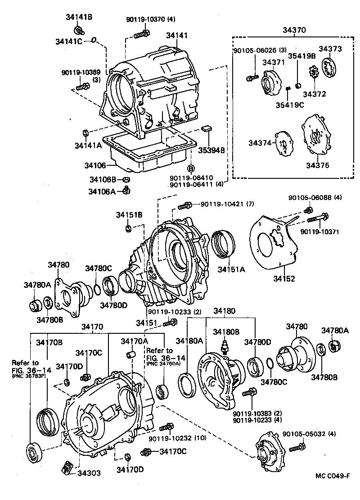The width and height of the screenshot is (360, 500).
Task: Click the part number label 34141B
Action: pos(76,18)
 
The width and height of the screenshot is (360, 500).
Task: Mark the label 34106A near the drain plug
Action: pos(102,191)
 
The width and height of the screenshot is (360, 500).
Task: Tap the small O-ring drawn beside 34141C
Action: pos(94,41)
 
